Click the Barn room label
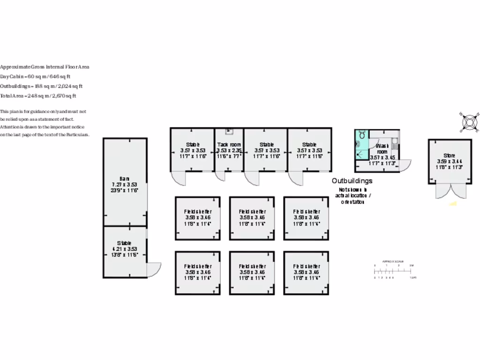coord(124,179)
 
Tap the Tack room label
coord(229,145)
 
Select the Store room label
coord(449,156)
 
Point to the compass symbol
coord(470,122)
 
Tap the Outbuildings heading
coord(352,181)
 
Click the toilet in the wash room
coord(362,135)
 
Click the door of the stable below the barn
coord(154,269)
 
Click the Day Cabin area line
coord(36,76)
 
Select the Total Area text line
coord(38,96)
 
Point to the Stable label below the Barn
coord(124,243)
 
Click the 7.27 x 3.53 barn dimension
coord(124,184)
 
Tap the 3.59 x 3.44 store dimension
coord(449,161)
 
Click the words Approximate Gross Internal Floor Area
coord(45,67)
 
